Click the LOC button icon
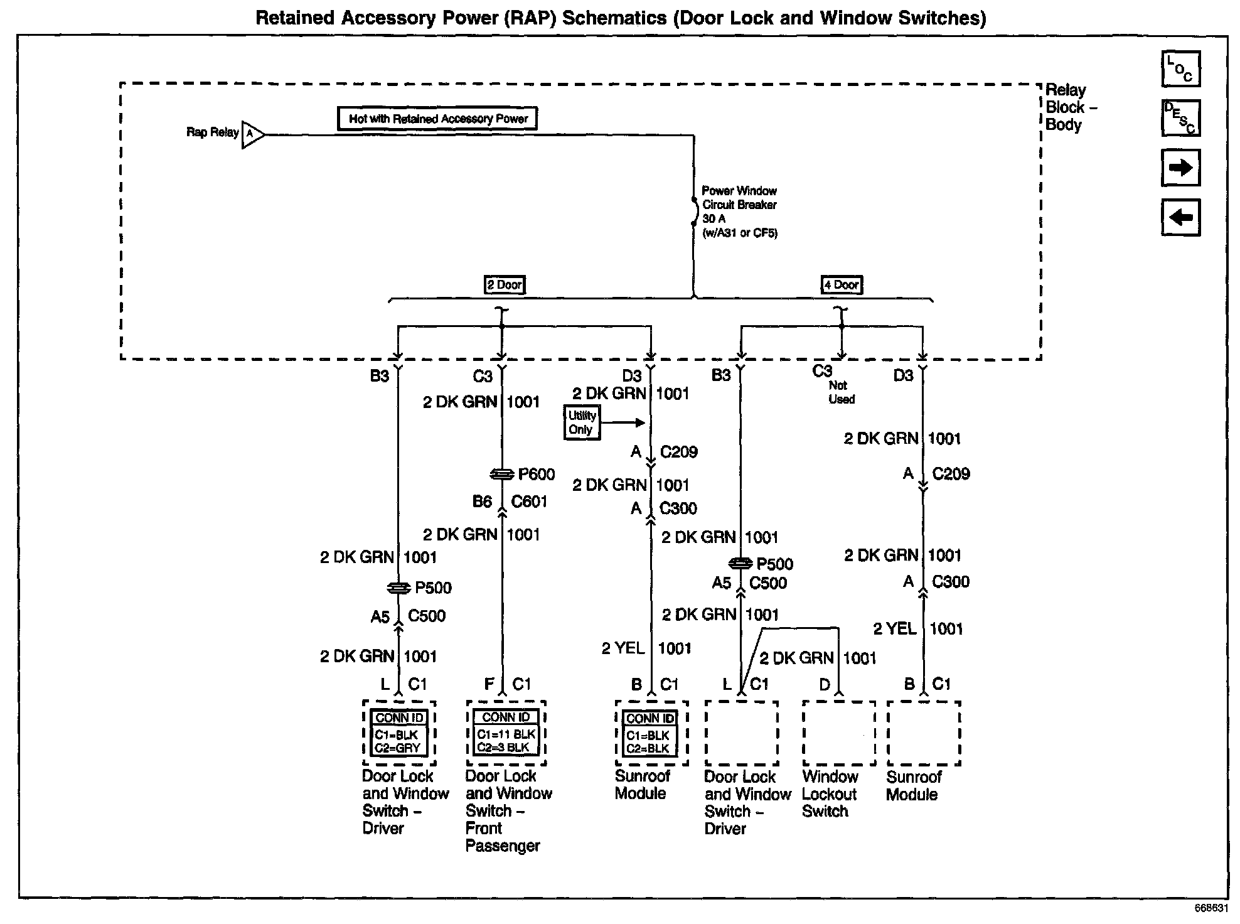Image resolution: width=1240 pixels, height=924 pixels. tap(1180, 69)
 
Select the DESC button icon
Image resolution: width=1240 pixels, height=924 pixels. tap(1180, 118)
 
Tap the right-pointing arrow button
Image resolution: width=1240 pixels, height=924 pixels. tap(1180, 168)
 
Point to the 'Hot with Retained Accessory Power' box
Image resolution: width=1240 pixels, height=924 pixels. tap(437, 119)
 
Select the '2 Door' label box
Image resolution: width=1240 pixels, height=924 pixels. tap(505, 285)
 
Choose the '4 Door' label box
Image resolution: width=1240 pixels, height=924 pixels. tap(842, 285)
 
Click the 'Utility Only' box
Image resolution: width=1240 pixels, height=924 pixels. tap(582, 422)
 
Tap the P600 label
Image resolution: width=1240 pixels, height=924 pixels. tap(536, 475)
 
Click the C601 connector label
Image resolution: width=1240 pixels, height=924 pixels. tap(529, 502)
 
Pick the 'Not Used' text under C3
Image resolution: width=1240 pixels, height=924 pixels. tap(841, 392)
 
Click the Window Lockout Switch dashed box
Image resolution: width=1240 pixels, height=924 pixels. tap(839, 733)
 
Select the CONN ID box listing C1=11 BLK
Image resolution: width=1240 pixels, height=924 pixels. tap(506, 733)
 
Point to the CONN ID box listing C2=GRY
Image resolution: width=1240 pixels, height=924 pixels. tap(399, 733)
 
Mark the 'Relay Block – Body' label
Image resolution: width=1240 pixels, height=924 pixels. tap(1071, 107)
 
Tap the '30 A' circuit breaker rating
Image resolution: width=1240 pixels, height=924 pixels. tap(714, 219)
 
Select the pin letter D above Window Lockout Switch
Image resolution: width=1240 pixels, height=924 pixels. tap(825, 684)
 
